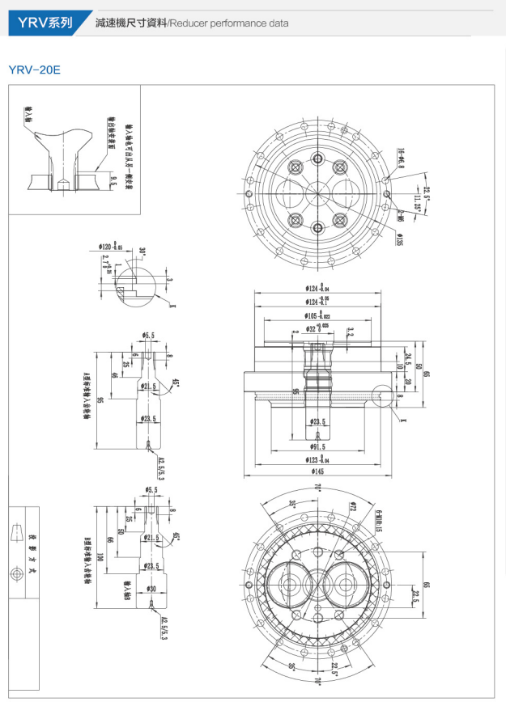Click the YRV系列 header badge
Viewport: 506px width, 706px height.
(x=40, y=23)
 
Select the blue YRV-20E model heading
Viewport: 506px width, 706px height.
(x=34, y=70)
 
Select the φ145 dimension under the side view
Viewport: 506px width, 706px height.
(x=316, y=472)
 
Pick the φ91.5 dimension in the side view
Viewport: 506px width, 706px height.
(x=316, y=446)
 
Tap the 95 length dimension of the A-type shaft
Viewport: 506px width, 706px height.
(x=100, y=400)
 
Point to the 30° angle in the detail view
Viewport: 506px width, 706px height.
(x=142, y=252)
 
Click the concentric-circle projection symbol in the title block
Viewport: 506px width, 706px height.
(x=15, y=573)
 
